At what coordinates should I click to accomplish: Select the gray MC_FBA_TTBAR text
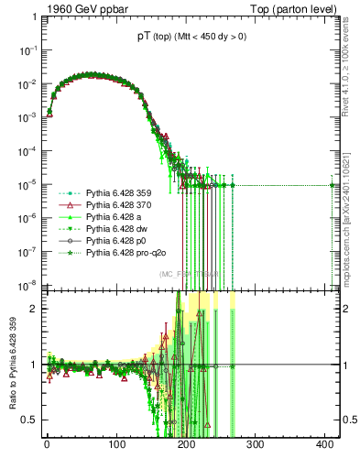(188, 274)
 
